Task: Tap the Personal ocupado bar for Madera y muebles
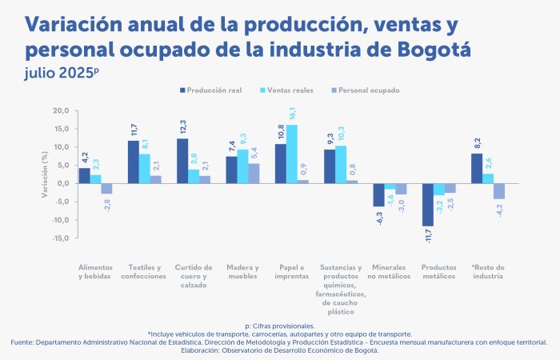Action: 254,174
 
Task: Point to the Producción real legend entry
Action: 211,90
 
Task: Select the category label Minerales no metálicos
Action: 389,271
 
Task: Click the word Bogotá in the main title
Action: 433,50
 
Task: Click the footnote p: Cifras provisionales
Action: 280,326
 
